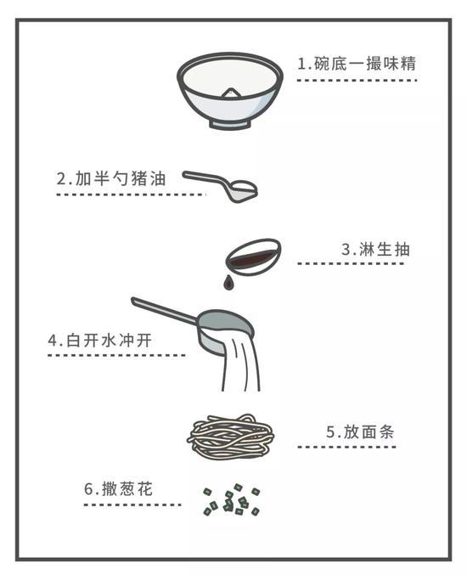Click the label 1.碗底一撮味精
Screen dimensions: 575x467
click(356, 64)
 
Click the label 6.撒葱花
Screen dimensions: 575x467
click(119, 489)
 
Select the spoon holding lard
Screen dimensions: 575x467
click(240, 188)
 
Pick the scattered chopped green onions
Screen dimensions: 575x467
click(231, 501)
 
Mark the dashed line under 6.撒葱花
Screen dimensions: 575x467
click(132, 505)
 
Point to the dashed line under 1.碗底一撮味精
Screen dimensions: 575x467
click(357, 80)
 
